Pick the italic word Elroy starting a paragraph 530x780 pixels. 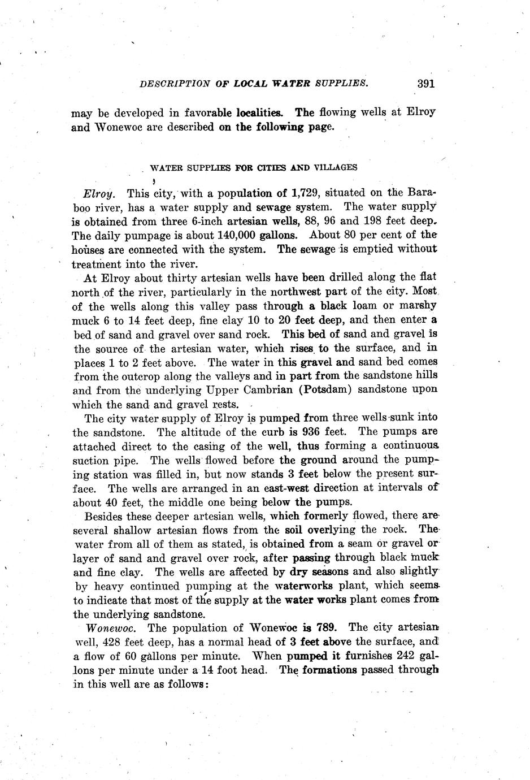(99, 193)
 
